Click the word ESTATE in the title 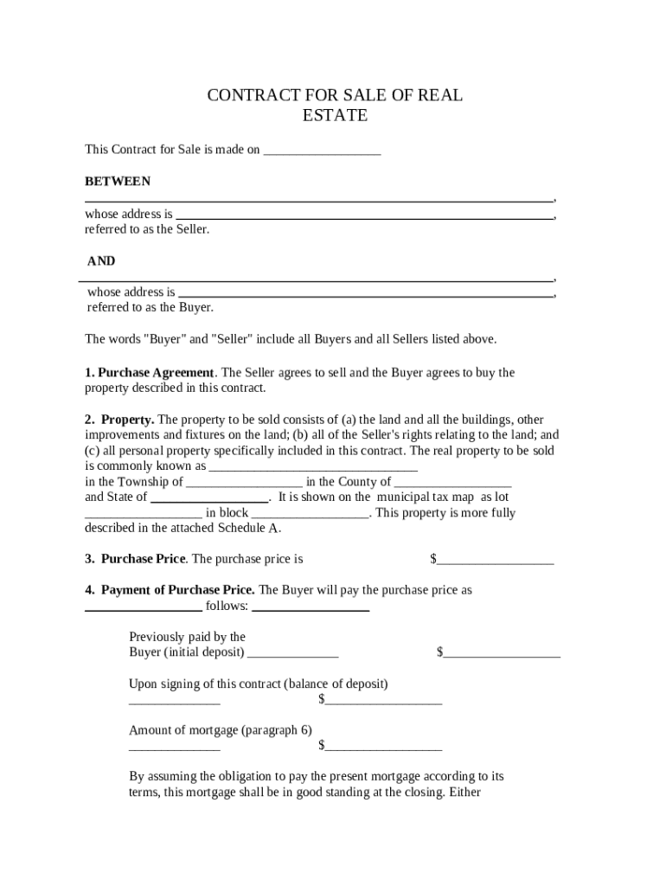(x=335, y=115)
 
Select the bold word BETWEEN (x=118, y=182)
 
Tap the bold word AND (x=101, y=261)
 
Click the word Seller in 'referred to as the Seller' (x=192, y=229)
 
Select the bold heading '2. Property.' (x=119, y=420)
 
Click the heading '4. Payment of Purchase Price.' (x=170, y=590)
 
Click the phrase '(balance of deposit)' (x=336, y=684)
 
